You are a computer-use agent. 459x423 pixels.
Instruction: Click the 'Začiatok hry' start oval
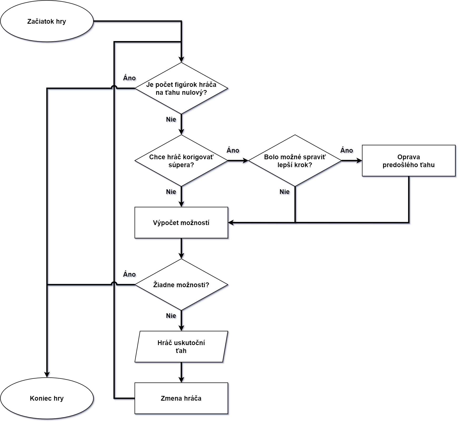[x=47, y=21]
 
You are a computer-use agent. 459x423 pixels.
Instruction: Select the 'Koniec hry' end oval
[x=47, y=398]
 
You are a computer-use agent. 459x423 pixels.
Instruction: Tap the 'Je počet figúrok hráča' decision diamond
[x=181, y=88]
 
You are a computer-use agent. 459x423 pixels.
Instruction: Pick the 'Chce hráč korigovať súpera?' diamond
[x=181, y=161]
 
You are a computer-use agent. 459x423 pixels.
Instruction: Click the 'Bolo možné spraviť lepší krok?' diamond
[x=295, y=161]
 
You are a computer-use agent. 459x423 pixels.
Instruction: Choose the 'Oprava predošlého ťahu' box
[x=409, y=161]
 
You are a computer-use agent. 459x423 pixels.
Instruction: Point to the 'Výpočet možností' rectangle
[x=181, y=223]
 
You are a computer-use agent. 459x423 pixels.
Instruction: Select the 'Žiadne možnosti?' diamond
[x=181, y=285]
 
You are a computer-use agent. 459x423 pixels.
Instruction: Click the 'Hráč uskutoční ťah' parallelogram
[x=181, y=347]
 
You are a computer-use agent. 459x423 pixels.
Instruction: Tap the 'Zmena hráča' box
[x=181, y=398]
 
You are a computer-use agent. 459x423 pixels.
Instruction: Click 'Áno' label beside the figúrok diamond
[x=130, y=78]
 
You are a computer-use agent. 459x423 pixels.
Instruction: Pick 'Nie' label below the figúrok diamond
[x=172, y=120]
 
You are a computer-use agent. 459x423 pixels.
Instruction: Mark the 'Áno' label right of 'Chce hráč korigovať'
[x=234, y=151]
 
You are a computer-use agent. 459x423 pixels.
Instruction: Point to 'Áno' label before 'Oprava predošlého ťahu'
[x=347, y=151]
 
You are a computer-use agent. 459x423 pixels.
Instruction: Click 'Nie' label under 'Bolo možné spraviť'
[x=285, y=192]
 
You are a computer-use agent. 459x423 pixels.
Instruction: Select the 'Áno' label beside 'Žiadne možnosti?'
[x=130, y=275]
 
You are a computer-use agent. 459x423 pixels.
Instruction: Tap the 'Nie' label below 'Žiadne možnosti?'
[x=172, y=316]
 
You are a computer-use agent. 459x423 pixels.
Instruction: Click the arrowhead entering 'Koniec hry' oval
[x=48, y=375]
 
